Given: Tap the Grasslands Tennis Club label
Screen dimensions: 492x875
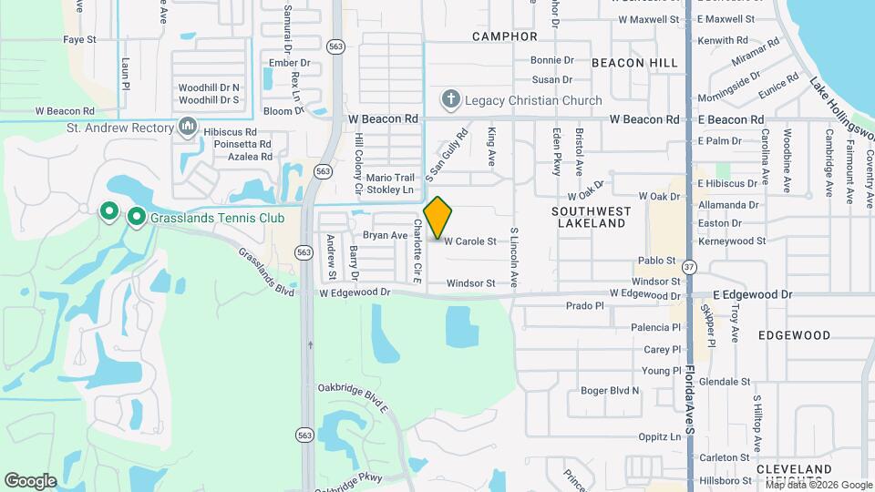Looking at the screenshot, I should point(217,218).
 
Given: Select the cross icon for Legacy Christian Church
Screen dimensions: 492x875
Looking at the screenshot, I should point(450,99).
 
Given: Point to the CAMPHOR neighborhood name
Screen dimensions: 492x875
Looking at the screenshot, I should point(504,36).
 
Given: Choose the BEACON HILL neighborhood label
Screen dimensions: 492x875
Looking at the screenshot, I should point(634,63).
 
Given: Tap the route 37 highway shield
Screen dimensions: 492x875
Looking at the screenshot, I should point(690,267).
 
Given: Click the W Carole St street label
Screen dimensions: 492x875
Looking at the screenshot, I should point(469,241).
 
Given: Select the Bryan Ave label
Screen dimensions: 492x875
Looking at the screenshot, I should point(385,235).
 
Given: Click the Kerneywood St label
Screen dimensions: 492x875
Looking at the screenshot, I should point(732,241).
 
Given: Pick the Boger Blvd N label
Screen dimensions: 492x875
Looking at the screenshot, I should point(610,391).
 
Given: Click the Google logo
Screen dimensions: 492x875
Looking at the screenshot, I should point(30,480).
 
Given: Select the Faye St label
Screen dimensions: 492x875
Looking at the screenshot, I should point(79,40).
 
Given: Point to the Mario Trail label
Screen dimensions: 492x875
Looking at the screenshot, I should point(390,177).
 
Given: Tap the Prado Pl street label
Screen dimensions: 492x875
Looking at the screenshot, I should point(585,306).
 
